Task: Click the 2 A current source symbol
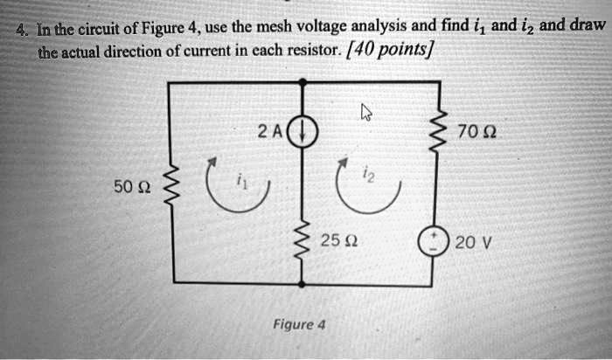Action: click(304, 134)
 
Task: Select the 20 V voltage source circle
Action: click(432, 242)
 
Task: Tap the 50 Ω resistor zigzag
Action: click(170, 184)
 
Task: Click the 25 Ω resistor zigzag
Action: click(303, 239)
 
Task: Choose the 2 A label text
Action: click(269, 133)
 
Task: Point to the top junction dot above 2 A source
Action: click(303, 83)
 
